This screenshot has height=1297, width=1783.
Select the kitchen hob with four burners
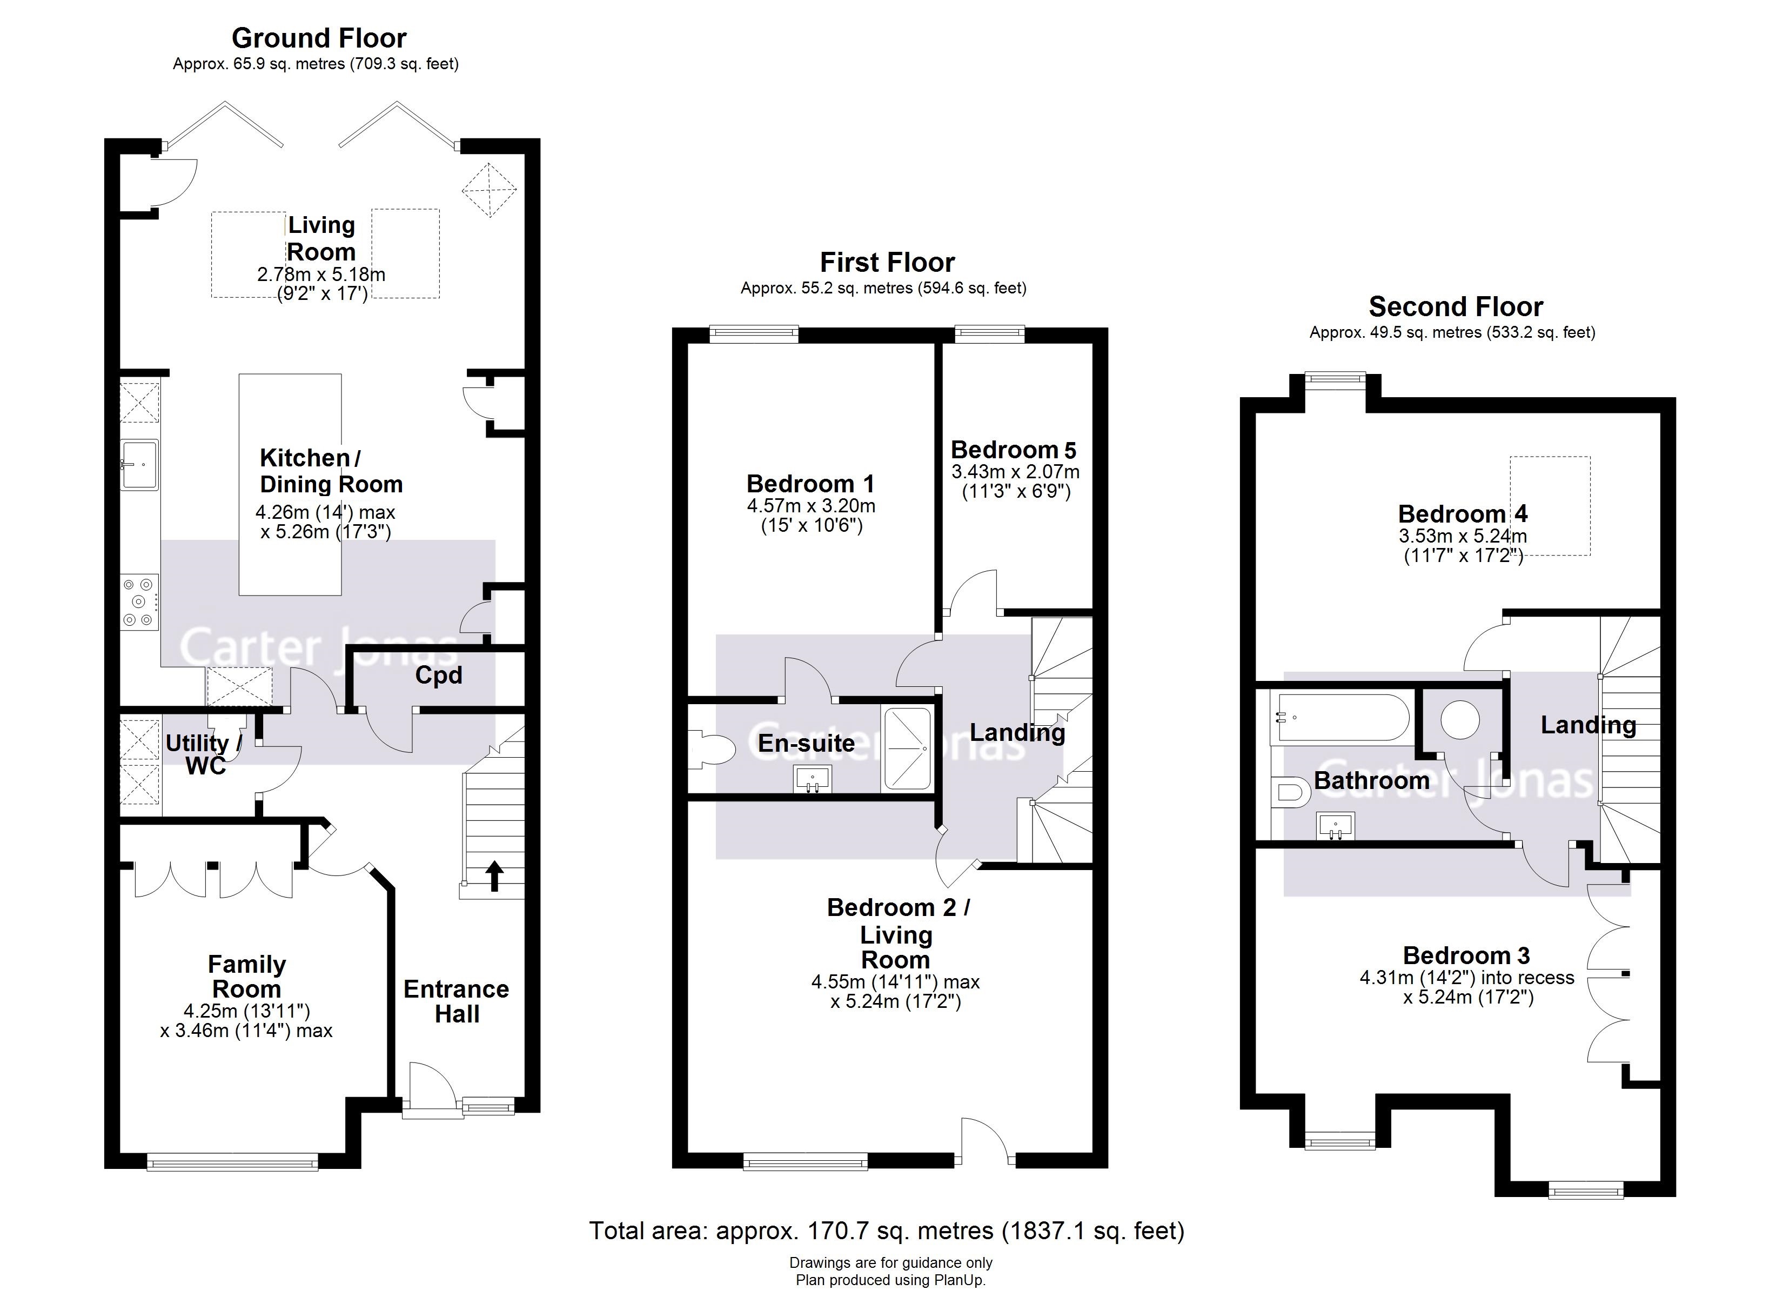[x=139, y=603]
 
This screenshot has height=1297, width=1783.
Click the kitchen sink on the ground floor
[x=139, y=464]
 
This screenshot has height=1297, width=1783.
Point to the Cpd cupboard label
[x=438, y=676]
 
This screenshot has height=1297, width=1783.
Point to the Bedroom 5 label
[x=1014, y=450]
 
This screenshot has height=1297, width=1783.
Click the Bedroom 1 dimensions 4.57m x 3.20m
[x=810, y=506]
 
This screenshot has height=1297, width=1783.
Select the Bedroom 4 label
[x=1462, y=513]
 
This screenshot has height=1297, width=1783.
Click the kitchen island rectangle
[x=290, y=484]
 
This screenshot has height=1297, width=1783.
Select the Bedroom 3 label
[x=1466, y=955]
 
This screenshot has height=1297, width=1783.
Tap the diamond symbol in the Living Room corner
[x=489, y=190]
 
